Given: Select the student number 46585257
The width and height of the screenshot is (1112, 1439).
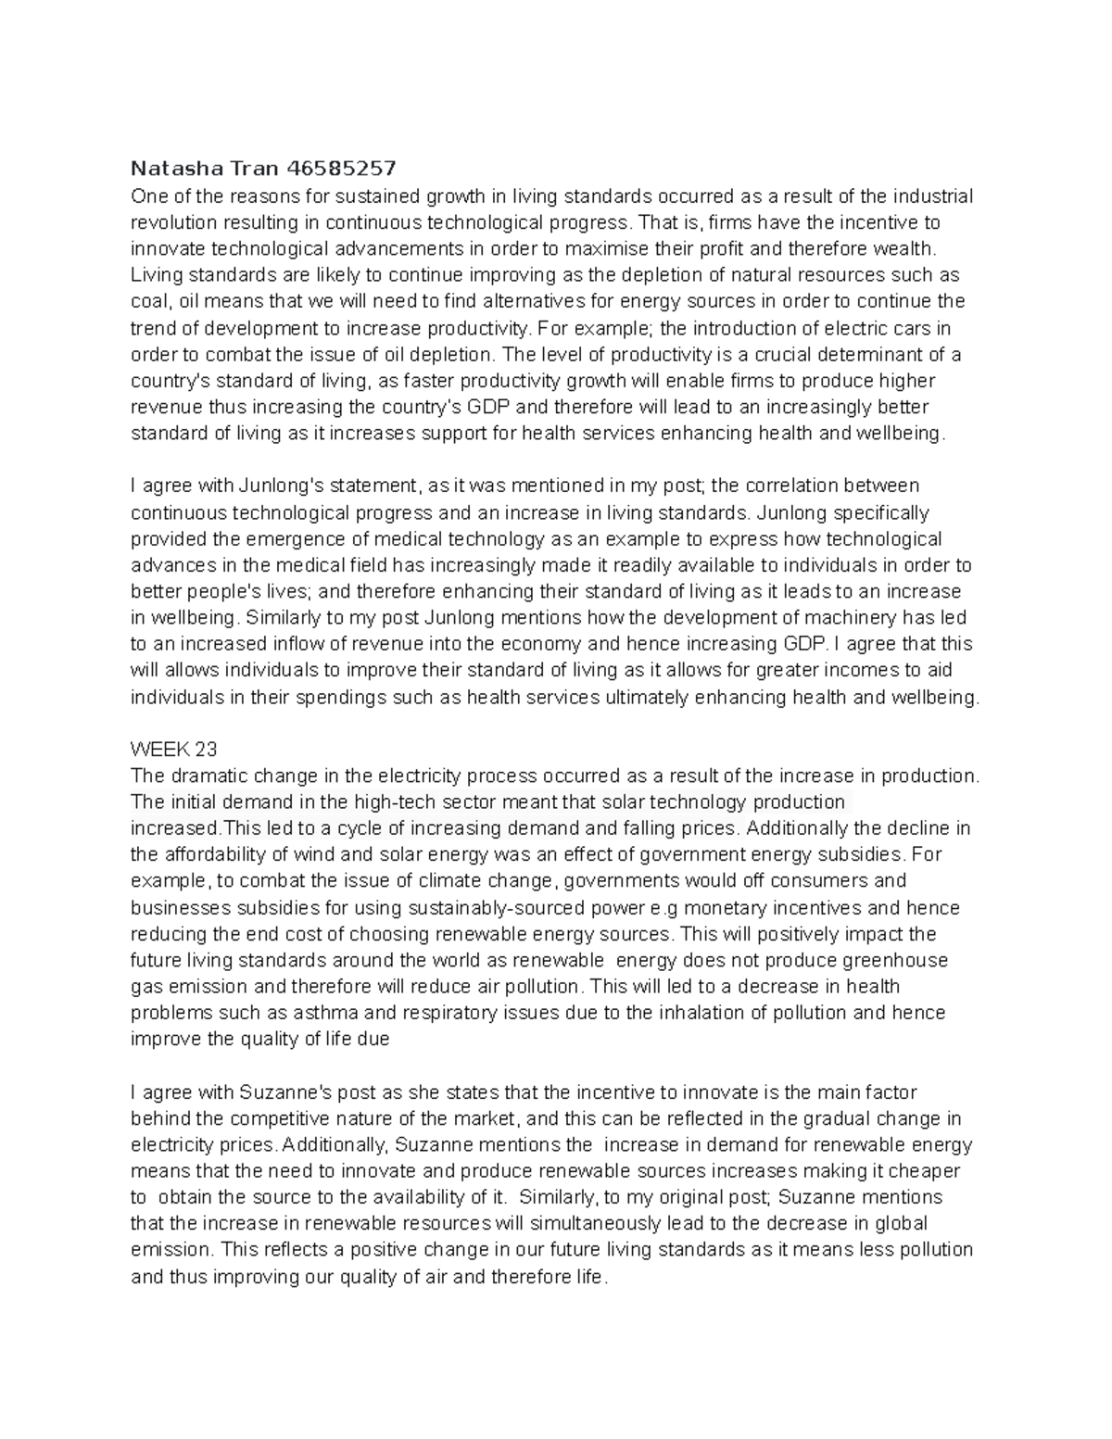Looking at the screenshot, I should (342, 169).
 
